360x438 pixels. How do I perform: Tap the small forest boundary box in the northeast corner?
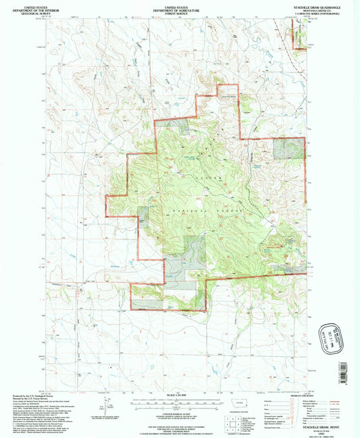[x=297, y=31]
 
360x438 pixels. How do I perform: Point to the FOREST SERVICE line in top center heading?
[x=180, y=12]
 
